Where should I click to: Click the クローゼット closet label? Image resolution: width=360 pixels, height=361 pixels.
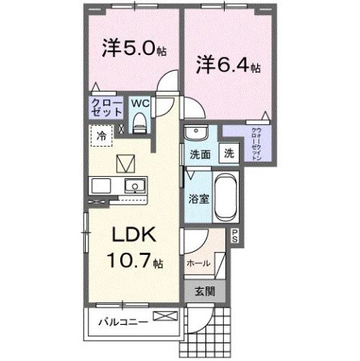click(x=106, y=106)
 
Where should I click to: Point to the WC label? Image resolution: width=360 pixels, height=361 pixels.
click(x=140, y=101)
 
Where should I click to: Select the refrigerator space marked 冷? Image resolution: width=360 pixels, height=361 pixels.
click(x=100, y=135)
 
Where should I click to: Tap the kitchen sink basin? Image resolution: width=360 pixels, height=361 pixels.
click(x=135, y=185)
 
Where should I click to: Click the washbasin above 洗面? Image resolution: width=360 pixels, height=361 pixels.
click(x=196, y=133)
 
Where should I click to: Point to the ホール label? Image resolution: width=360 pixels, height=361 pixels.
click(x=198, y=264)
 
